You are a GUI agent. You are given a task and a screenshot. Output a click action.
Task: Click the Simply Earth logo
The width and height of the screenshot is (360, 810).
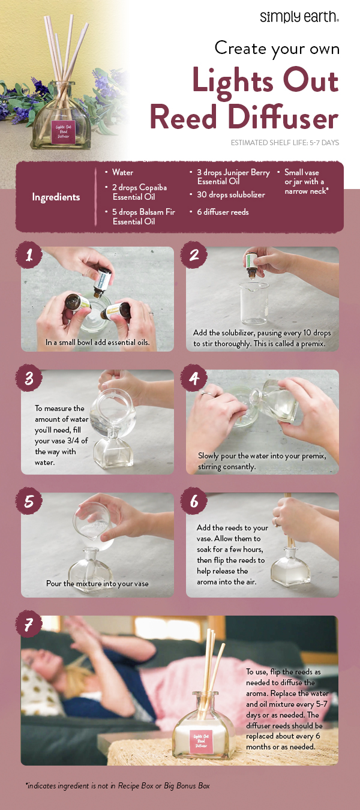(x=299, y=16)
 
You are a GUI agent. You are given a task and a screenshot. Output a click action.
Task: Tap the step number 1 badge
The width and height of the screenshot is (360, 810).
(x=29, y=256)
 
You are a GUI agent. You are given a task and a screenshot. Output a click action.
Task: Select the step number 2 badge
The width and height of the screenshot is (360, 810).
(x=194, y=256)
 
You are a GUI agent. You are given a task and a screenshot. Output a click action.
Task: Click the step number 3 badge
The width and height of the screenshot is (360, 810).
(x=29, y=379)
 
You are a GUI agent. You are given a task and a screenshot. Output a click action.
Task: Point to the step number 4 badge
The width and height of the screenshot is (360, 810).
(x=194, y=379)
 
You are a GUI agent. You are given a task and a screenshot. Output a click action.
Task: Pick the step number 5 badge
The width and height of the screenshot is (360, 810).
(x=29, y=502)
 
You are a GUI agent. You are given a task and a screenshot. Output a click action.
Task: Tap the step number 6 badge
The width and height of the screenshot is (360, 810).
(x=194, y=502)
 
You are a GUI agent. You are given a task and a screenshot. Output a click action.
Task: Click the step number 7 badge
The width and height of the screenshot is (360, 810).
(x=29, y=625)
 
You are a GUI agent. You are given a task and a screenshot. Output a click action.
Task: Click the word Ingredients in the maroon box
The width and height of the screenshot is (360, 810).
(x=56, y=197)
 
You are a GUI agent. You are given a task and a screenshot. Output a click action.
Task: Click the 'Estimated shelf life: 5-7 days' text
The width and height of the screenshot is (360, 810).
(x=285, y=143)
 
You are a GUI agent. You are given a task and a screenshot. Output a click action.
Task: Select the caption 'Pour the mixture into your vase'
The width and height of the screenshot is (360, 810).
(x=97, y=583)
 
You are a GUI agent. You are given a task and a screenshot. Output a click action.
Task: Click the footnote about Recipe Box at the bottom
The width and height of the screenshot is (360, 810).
(x=118, y=785)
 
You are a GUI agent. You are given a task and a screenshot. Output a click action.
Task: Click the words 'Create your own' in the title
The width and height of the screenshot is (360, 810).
(x=277, y=48)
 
